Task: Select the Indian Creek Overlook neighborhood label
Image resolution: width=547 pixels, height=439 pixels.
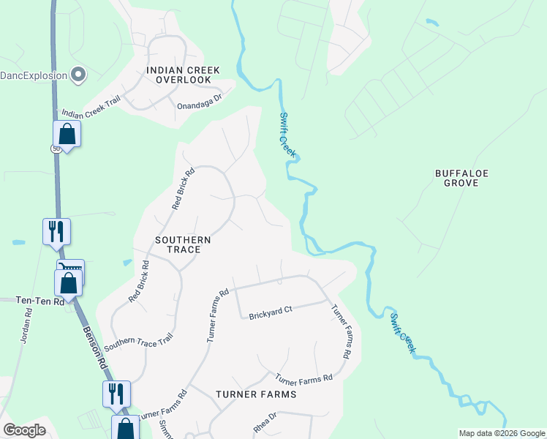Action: [183, 74]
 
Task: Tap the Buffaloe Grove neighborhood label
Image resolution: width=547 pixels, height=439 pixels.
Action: [461, 178]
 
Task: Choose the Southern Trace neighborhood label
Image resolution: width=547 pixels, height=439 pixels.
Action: [183, 244]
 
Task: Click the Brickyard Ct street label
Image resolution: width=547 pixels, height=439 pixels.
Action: [270, 313]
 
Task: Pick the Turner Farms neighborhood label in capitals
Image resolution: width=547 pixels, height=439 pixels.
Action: [256, 394]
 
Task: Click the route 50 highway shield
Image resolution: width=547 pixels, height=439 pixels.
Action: [56, 149]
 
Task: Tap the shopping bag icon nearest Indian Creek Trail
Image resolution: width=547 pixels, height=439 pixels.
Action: [67, 134]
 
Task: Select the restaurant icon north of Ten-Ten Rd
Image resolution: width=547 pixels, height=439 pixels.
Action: [56, 232]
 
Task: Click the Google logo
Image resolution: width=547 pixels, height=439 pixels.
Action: [24, 430]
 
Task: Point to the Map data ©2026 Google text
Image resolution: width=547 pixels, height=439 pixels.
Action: [502, 433]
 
